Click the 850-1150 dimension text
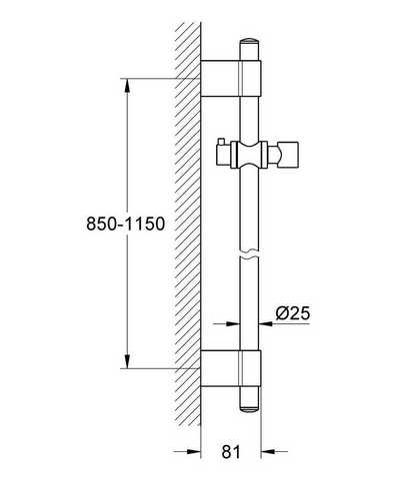tap(126, 224)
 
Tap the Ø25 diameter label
tap(293, 313)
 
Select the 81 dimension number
tap(231, 452)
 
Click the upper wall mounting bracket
tap(231, 79)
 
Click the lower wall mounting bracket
tap(231, 368)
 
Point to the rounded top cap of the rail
tap(249, 41)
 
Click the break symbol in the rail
tap(249, 252)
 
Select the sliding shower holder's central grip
tap(249, 154)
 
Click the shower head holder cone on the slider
tap(286, 154)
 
